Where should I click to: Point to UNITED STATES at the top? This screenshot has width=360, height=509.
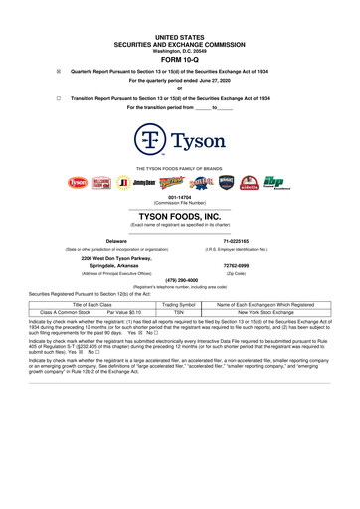(179, 8)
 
